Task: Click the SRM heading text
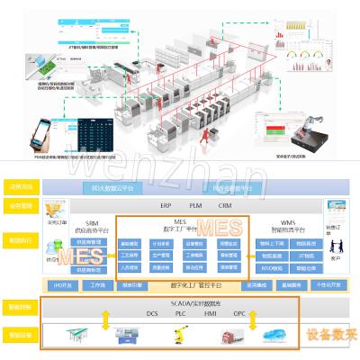(91, 221)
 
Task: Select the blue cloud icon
(272, 335)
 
